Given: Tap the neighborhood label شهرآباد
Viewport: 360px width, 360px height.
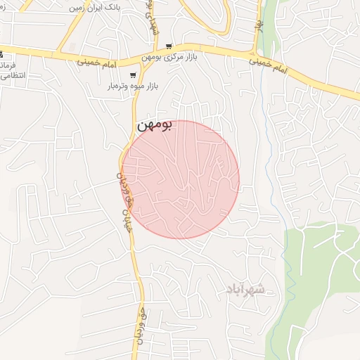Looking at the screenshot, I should (x=245, y=289).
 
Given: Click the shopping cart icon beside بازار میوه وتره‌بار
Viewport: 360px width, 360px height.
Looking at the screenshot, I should (x=133, y=75).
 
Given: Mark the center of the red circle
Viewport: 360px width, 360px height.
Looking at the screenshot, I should (x=181, y=179).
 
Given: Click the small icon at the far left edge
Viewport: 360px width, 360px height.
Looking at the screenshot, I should (x=2, y=54).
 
